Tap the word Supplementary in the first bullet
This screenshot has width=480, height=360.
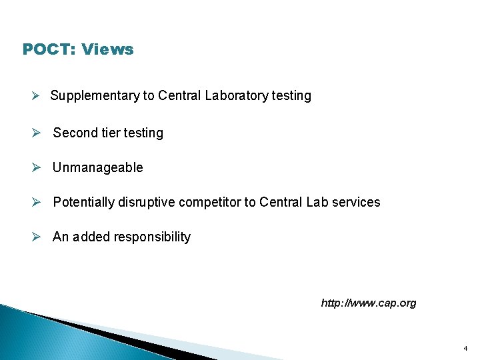(x=95, y=96)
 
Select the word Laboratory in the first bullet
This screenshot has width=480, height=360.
(x=237, y=96)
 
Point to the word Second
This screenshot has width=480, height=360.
(x=75, y=133)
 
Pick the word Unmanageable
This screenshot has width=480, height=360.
(x=98, y=167)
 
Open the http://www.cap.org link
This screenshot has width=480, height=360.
(x=368, y=303)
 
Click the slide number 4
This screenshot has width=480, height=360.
(x=465, y=348)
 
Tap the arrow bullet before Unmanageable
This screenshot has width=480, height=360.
(x=39, y=167)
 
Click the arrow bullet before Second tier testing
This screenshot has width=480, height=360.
(x=39, y=133)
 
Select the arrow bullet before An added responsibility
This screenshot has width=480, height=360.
(x=39, y=237)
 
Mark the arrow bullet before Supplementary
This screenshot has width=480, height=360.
(x=39, y=96)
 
